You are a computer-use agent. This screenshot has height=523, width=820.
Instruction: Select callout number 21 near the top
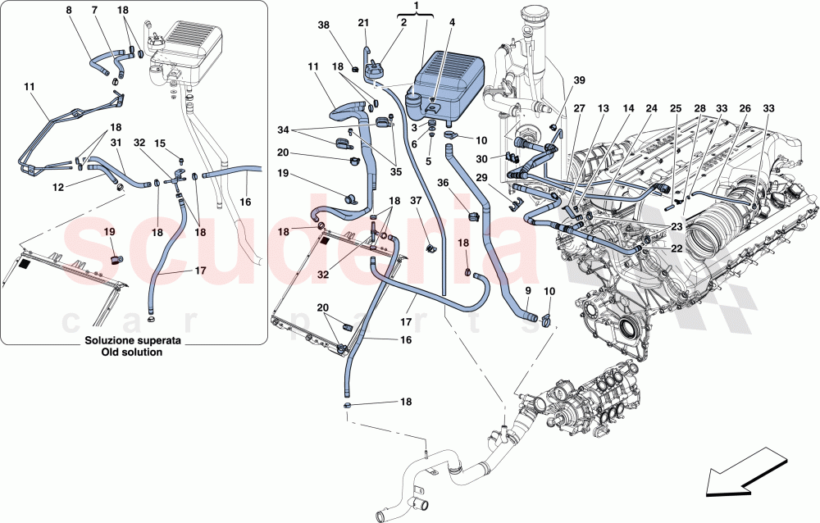(x=363, y=22)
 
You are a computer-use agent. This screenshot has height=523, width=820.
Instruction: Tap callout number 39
(x=580, y=80)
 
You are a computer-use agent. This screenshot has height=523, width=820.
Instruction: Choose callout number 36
(x=443, y=184)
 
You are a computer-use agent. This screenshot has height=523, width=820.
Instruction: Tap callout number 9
(x=527, y=291)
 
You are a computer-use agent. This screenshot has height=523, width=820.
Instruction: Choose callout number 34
(x=283, y=130)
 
